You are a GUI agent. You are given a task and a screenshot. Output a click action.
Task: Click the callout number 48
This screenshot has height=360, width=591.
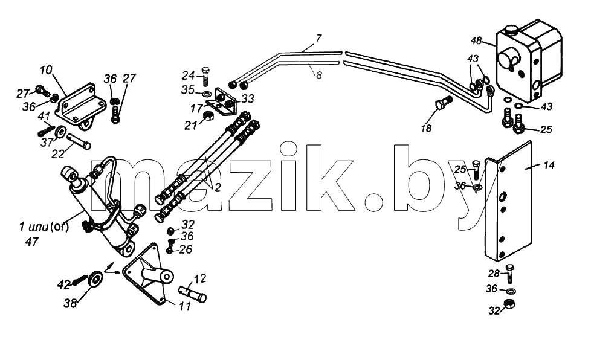(x=476, y=40)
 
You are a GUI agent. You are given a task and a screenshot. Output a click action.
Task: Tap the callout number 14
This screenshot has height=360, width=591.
(x=549, y=165)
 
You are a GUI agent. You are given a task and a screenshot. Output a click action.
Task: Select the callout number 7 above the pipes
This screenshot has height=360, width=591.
(x=319, y=38)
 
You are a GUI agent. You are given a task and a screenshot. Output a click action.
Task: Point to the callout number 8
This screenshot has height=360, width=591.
(x=319, y=76)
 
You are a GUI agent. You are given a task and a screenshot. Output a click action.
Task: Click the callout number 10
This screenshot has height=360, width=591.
(x=47, y=70)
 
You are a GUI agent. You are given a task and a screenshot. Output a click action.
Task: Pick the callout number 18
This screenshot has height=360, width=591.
(x=426, y=129)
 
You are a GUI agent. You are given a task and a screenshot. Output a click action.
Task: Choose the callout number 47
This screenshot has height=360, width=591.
(x=31, y=242)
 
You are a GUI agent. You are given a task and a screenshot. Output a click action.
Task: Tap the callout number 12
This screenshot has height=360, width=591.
(x=200, y=278)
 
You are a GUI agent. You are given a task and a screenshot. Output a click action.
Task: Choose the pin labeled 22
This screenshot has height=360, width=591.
(x=79, y=142)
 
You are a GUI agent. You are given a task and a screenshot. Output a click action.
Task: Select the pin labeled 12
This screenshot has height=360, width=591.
(x=192, y=294)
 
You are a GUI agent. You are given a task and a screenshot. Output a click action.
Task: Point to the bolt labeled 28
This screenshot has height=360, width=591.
(x=509, y=274)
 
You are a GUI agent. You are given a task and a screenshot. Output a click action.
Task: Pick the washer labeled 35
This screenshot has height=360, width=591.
(x=206, y=94)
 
